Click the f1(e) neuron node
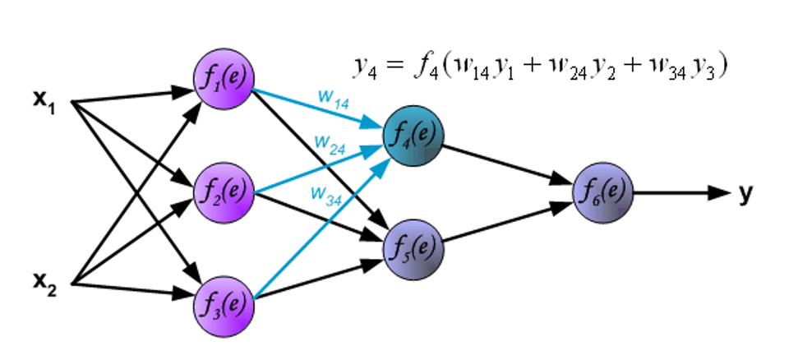tap(222, 79)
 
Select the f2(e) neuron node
tap(222, 191)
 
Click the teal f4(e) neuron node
tap(413, 135)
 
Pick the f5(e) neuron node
tap(413, 246)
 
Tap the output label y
tap(745, 193)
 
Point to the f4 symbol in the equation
tap(423, 67)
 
